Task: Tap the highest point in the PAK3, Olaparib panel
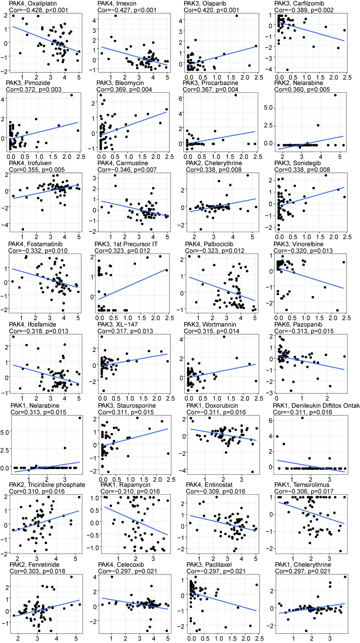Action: coord(236,16)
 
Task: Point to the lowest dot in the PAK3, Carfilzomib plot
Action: coord(287,69)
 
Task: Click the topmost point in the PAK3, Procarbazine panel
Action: coord(236,95)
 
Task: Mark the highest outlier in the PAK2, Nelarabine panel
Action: coord(335,95)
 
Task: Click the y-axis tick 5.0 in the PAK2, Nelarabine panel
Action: coord(268,108)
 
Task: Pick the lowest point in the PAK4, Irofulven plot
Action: coord(23,229)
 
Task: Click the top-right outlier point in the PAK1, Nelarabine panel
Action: coord(80,418)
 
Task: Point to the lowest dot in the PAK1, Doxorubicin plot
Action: coord(253,472)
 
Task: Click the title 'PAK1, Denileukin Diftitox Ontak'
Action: coord(316,406)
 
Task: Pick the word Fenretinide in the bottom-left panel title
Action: coord(44,565)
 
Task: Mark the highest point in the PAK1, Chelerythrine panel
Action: coord(345,577)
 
